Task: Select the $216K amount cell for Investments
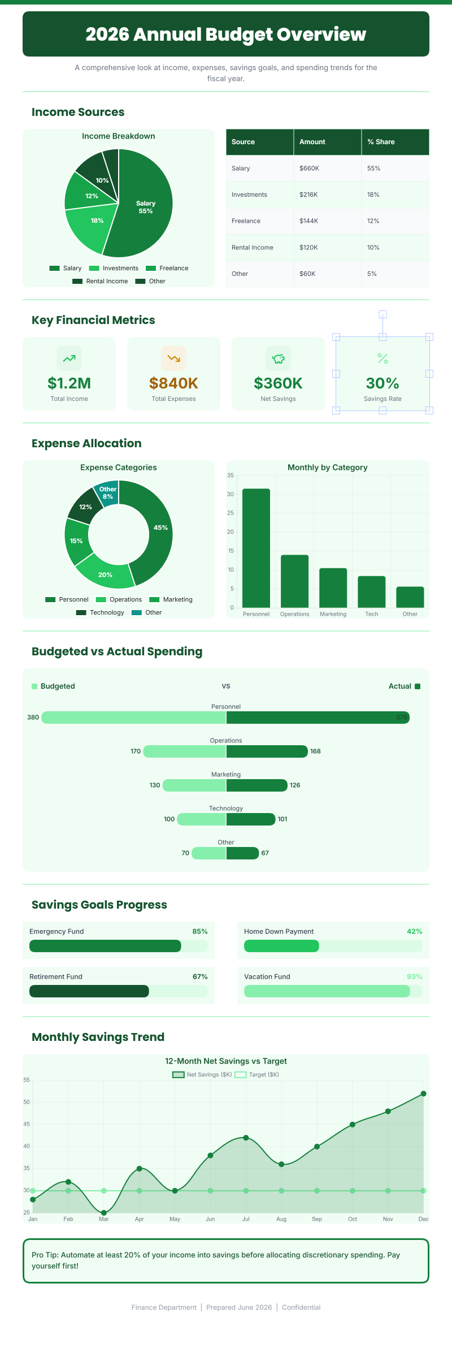click(x=308, y=195)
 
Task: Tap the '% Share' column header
click(x=381, y=142)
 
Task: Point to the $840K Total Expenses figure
click(x=173, y=383)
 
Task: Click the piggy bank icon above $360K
click(x=278, y=358)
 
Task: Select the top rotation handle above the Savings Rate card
click(x=383, y=314)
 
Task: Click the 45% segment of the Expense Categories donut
click(x=160, y=528)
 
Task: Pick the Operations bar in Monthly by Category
click(x=294, y=581)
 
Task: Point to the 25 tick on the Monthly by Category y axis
click(x=231, y=513)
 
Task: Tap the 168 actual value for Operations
click(x=315, y=751)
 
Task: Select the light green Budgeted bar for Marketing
click(x=194, y=785)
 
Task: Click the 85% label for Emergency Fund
click(x=200, y=931)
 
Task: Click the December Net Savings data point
click(x=423, y=1094)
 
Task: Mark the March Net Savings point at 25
click(x=104, y=1213)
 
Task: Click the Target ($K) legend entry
click(x=257, y=1074)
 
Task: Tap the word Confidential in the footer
click(x=301, y=1307)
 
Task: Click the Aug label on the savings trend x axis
click(x=281, y=1219)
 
